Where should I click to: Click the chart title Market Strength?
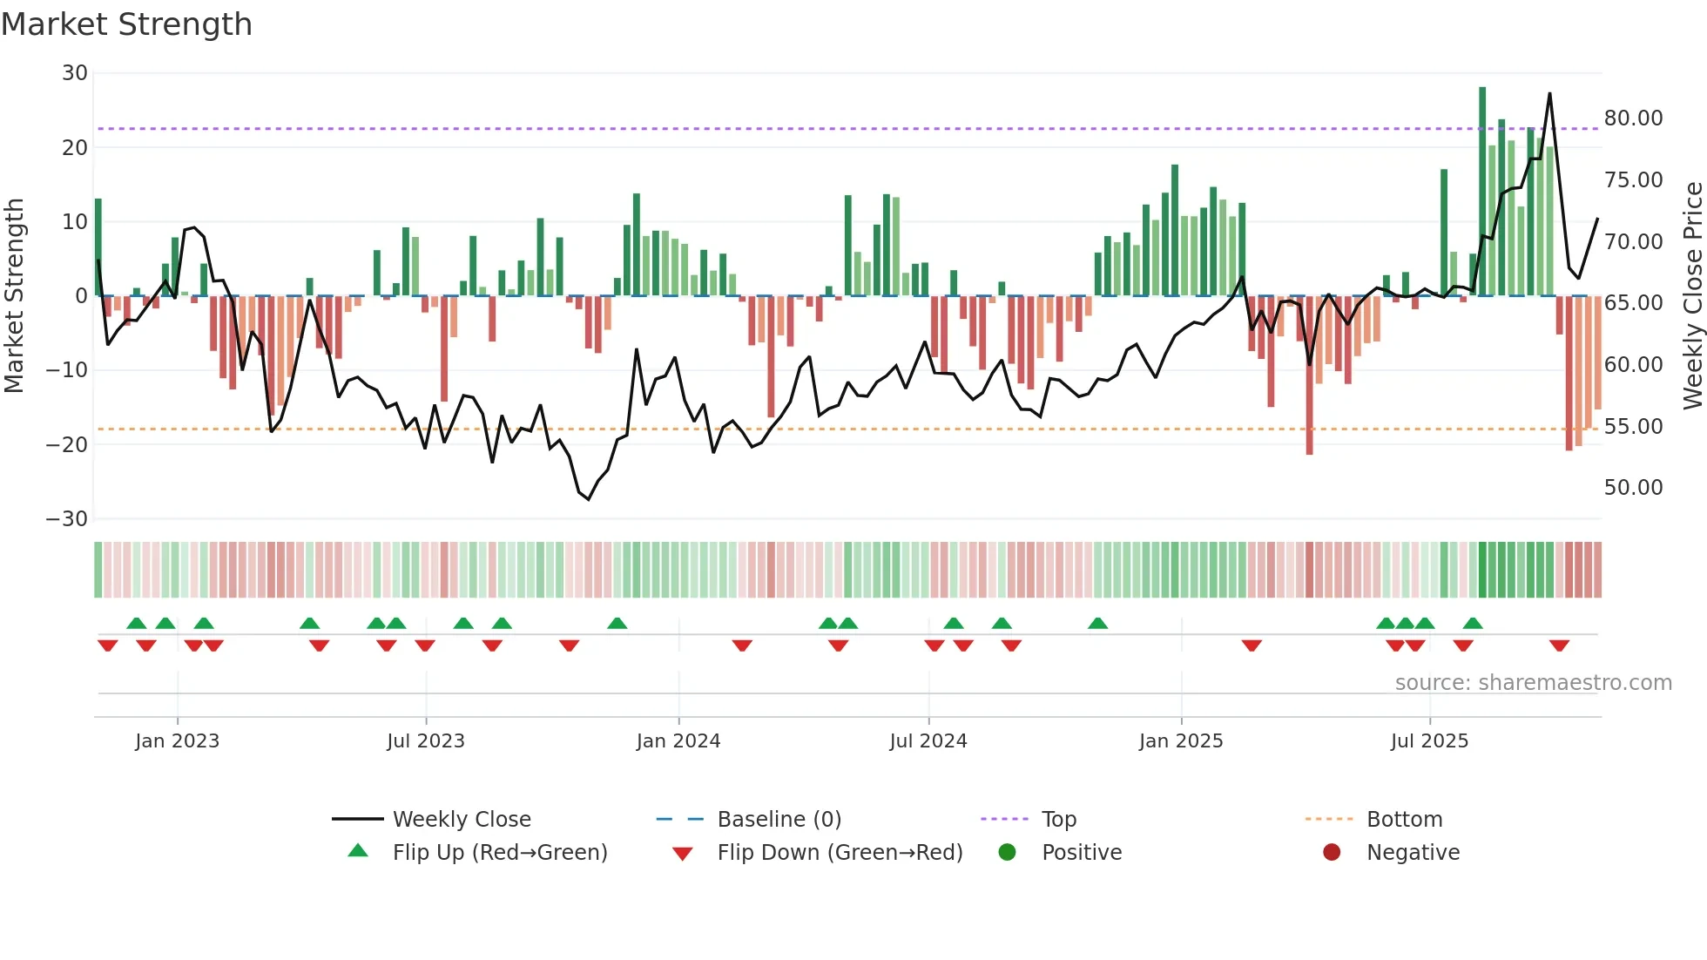point(126,24)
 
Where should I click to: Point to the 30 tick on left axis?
point(75,73)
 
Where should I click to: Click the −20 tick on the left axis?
point(68,444)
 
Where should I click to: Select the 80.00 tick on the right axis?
point(1633,118)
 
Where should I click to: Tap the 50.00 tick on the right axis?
point(1633,488)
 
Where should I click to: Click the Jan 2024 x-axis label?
point(678,741)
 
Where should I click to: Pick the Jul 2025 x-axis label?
point(1429,741)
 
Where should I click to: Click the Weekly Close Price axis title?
point(1692,296)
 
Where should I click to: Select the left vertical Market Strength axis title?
point(14,296)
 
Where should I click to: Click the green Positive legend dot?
point(1007,853)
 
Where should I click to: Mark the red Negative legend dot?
point(1332,853)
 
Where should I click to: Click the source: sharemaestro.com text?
point(1533,683)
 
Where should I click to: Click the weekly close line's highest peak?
point(1549,94)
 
